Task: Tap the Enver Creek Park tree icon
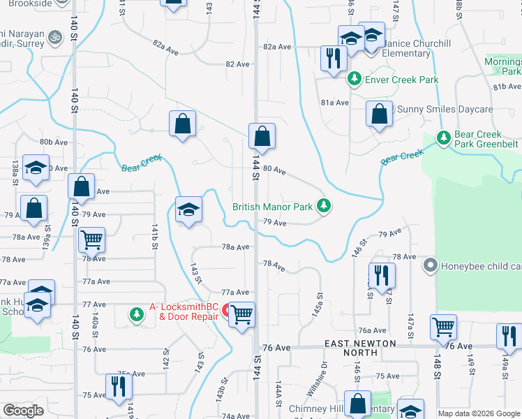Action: click(x=355, y=80)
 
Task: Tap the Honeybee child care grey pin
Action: click(x=430, y=266)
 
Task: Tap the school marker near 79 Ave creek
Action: click(x=188, y=209)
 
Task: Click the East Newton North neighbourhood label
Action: click(x=360, y=348)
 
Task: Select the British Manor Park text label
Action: click(x=272, y=207)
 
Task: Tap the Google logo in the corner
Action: click(x=23, y=411)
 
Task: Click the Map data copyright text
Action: click(x=479, y=413)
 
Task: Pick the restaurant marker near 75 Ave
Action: click(x=118, y=387)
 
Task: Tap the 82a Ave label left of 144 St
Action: click(x=167, y=44)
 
